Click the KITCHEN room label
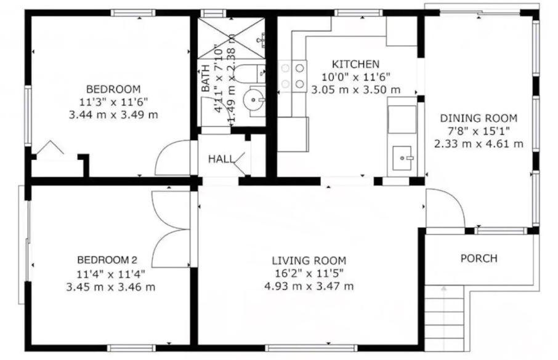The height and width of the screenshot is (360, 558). click(355, 64)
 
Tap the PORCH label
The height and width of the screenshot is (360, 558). click(479, 258)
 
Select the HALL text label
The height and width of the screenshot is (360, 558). click(221, 159)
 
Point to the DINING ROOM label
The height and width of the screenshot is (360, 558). click(479, 118)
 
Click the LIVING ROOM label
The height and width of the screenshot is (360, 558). click(309, 261)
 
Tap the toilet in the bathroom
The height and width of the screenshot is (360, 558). click(250, 73)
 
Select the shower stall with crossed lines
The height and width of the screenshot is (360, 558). click(232, 38)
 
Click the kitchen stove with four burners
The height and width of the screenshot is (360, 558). click(292, 76)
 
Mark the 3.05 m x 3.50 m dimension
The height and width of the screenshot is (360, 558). click(356, 90)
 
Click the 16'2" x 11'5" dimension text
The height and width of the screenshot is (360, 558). click(309, 273)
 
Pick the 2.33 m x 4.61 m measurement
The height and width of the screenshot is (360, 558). click(479, 144)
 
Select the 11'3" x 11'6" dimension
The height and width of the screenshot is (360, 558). click(113, 102)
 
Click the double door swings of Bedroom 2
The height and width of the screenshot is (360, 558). click(172, 229)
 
